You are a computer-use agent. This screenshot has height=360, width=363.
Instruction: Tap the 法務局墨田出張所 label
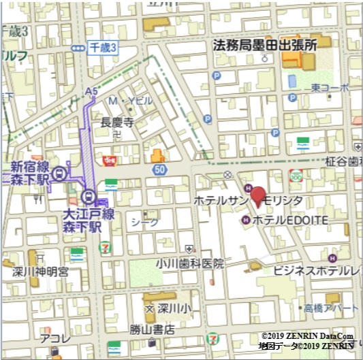click(266, 46)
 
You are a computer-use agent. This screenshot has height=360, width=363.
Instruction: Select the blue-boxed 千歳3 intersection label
click(104, 47)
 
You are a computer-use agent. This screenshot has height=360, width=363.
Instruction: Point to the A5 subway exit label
click(91, 91)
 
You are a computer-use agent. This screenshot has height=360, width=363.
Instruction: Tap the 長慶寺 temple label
click(116, 122)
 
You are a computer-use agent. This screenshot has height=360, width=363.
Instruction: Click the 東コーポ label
click(330, 88)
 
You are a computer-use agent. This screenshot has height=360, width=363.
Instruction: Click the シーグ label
click(144, 221)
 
